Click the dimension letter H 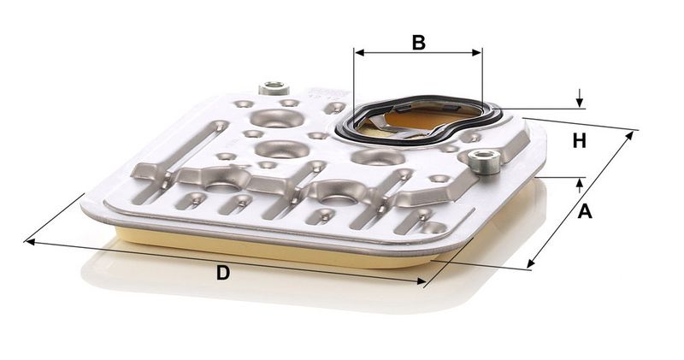click(579, 141)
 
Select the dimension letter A click(585, 211)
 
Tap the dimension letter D click(223, 273)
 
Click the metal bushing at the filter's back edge click(274, 88)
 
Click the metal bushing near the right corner click(484, 162)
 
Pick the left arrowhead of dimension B click(359, 53)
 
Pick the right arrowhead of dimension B click(477, 53)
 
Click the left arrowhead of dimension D click(30, 241)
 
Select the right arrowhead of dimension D click(421, 281)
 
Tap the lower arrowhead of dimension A click(530, 263)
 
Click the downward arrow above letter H click(580, 98)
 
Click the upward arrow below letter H click(580, 186)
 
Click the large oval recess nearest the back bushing click(277, 118)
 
